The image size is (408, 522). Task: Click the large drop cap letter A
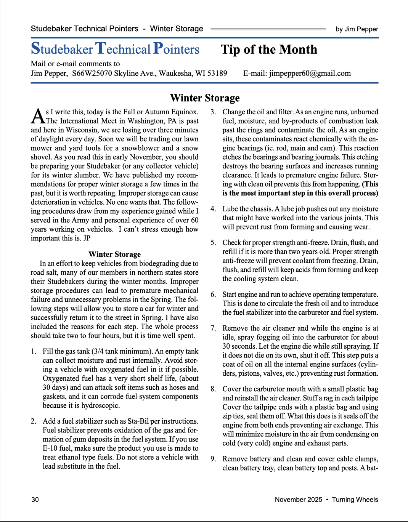[38, 116]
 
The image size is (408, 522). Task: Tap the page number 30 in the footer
[35, 500]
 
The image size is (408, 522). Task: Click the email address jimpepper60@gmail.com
[310, 73]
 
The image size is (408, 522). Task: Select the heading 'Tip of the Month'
[269, 50]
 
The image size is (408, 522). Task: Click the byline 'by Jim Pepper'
[357, 29]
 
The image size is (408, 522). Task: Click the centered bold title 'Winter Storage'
[205, 98]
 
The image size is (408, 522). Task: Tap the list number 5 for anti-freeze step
[213, 243]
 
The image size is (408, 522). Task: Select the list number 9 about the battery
[213, 459]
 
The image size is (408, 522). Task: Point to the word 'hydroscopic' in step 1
[101, 405]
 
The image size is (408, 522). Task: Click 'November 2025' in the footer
[299, 500]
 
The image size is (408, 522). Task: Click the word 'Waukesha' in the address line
[175, 73]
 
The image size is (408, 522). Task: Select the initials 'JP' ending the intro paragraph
[87, 238]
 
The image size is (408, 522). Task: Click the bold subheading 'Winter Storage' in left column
[114, 254]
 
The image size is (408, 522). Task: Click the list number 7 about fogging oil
[213, 328]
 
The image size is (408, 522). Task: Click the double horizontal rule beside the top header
[268, 29]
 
